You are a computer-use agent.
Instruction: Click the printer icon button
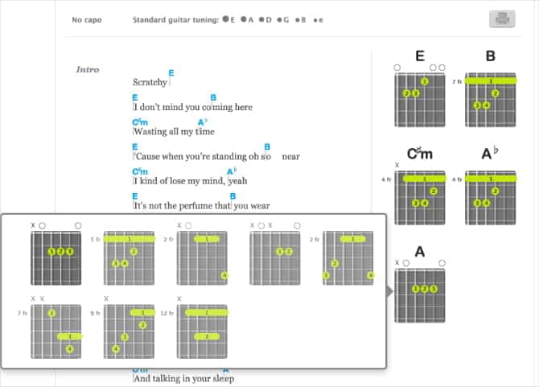(x=501, y=19)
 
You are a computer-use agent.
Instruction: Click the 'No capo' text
(x=86, y=19)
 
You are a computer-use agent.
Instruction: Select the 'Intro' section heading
(x=88, y=69)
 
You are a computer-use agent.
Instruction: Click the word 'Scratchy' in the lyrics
(x=150, y=82)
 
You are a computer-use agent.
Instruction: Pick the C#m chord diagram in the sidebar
(x=419, y=196)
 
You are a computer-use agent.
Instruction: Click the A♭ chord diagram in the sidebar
(x=490, y=196)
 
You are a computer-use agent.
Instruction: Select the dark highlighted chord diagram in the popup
(x=56, y=257)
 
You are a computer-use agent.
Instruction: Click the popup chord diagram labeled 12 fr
(x=204, y=331)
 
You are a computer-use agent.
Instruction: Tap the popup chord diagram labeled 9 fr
(x=129, y=331)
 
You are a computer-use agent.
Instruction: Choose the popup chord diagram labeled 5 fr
(x=129, y=257)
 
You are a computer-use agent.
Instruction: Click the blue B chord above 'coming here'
(x=213, y=97)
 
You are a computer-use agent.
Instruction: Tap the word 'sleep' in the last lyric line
(x=219, y=377)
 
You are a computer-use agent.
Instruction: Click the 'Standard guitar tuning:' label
(x=175, y=19)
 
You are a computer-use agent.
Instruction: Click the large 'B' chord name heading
(x=490, y=56)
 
